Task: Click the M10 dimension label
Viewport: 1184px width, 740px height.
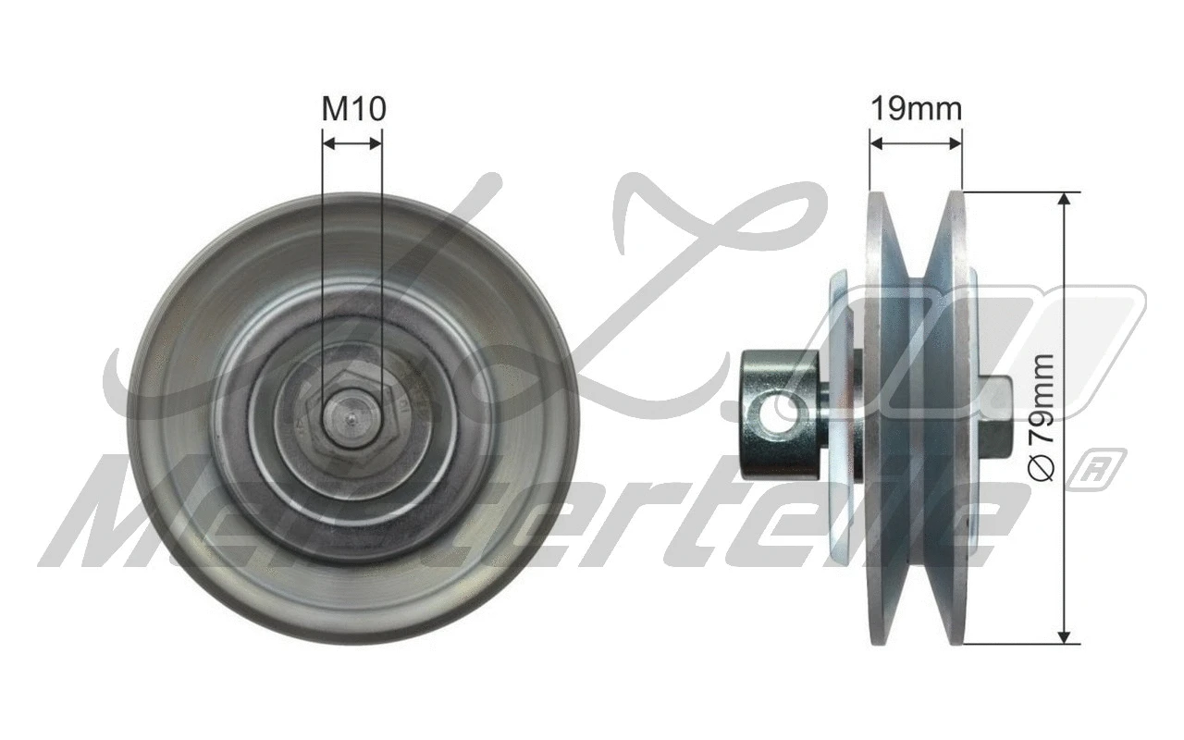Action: click(x=353, y=109)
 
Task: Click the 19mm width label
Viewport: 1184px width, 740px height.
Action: click(x=916, y=109)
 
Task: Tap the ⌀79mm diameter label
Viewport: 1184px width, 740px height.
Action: click(x=1043, y=416)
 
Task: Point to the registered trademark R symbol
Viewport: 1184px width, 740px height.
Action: click(x=1108, y=467)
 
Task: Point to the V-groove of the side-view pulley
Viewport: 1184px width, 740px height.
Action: click(x=918, y=416)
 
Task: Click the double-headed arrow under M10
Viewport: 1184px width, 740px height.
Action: click(x=351, y=143)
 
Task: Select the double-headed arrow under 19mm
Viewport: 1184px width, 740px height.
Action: click(x=916, y=143)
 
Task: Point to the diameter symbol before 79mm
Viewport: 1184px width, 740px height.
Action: click(x=1043, y=471)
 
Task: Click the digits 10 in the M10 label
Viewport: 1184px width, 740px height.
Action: click(x=368, y=109)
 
